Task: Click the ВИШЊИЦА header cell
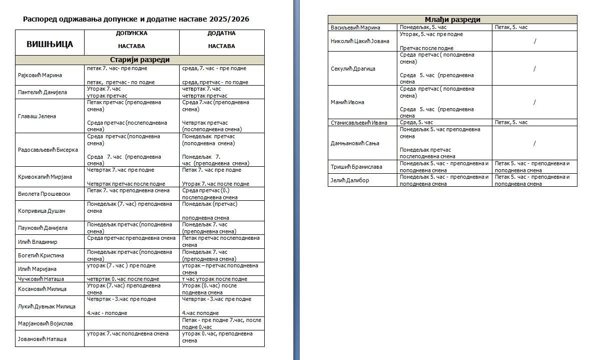[x=50, y=44]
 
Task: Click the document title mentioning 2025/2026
[x=136, y=19]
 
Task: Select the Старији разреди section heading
[x=140, y=60]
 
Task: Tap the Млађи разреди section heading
[x=452, y=20]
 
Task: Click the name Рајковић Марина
[x=40, y=75]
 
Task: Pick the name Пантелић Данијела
[x=43, y=92]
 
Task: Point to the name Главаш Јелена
[x=37, y=116]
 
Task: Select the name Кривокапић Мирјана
[x=45, y=177]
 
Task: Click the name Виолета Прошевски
[x=44, y=194]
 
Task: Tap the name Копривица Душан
[x=42, y=211]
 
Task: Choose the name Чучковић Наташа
[x=41, y=279]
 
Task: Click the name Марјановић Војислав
[x=46, y=323]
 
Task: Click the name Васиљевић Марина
[x=356, y=28]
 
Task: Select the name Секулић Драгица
[x=353, y=69]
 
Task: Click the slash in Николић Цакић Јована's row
[x=534, y=41]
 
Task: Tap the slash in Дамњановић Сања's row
[x=534, y=143]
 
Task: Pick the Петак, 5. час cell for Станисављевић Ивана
[x=511, y=122]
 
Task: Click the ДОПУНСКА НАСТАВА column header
[x=132, y=40]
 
